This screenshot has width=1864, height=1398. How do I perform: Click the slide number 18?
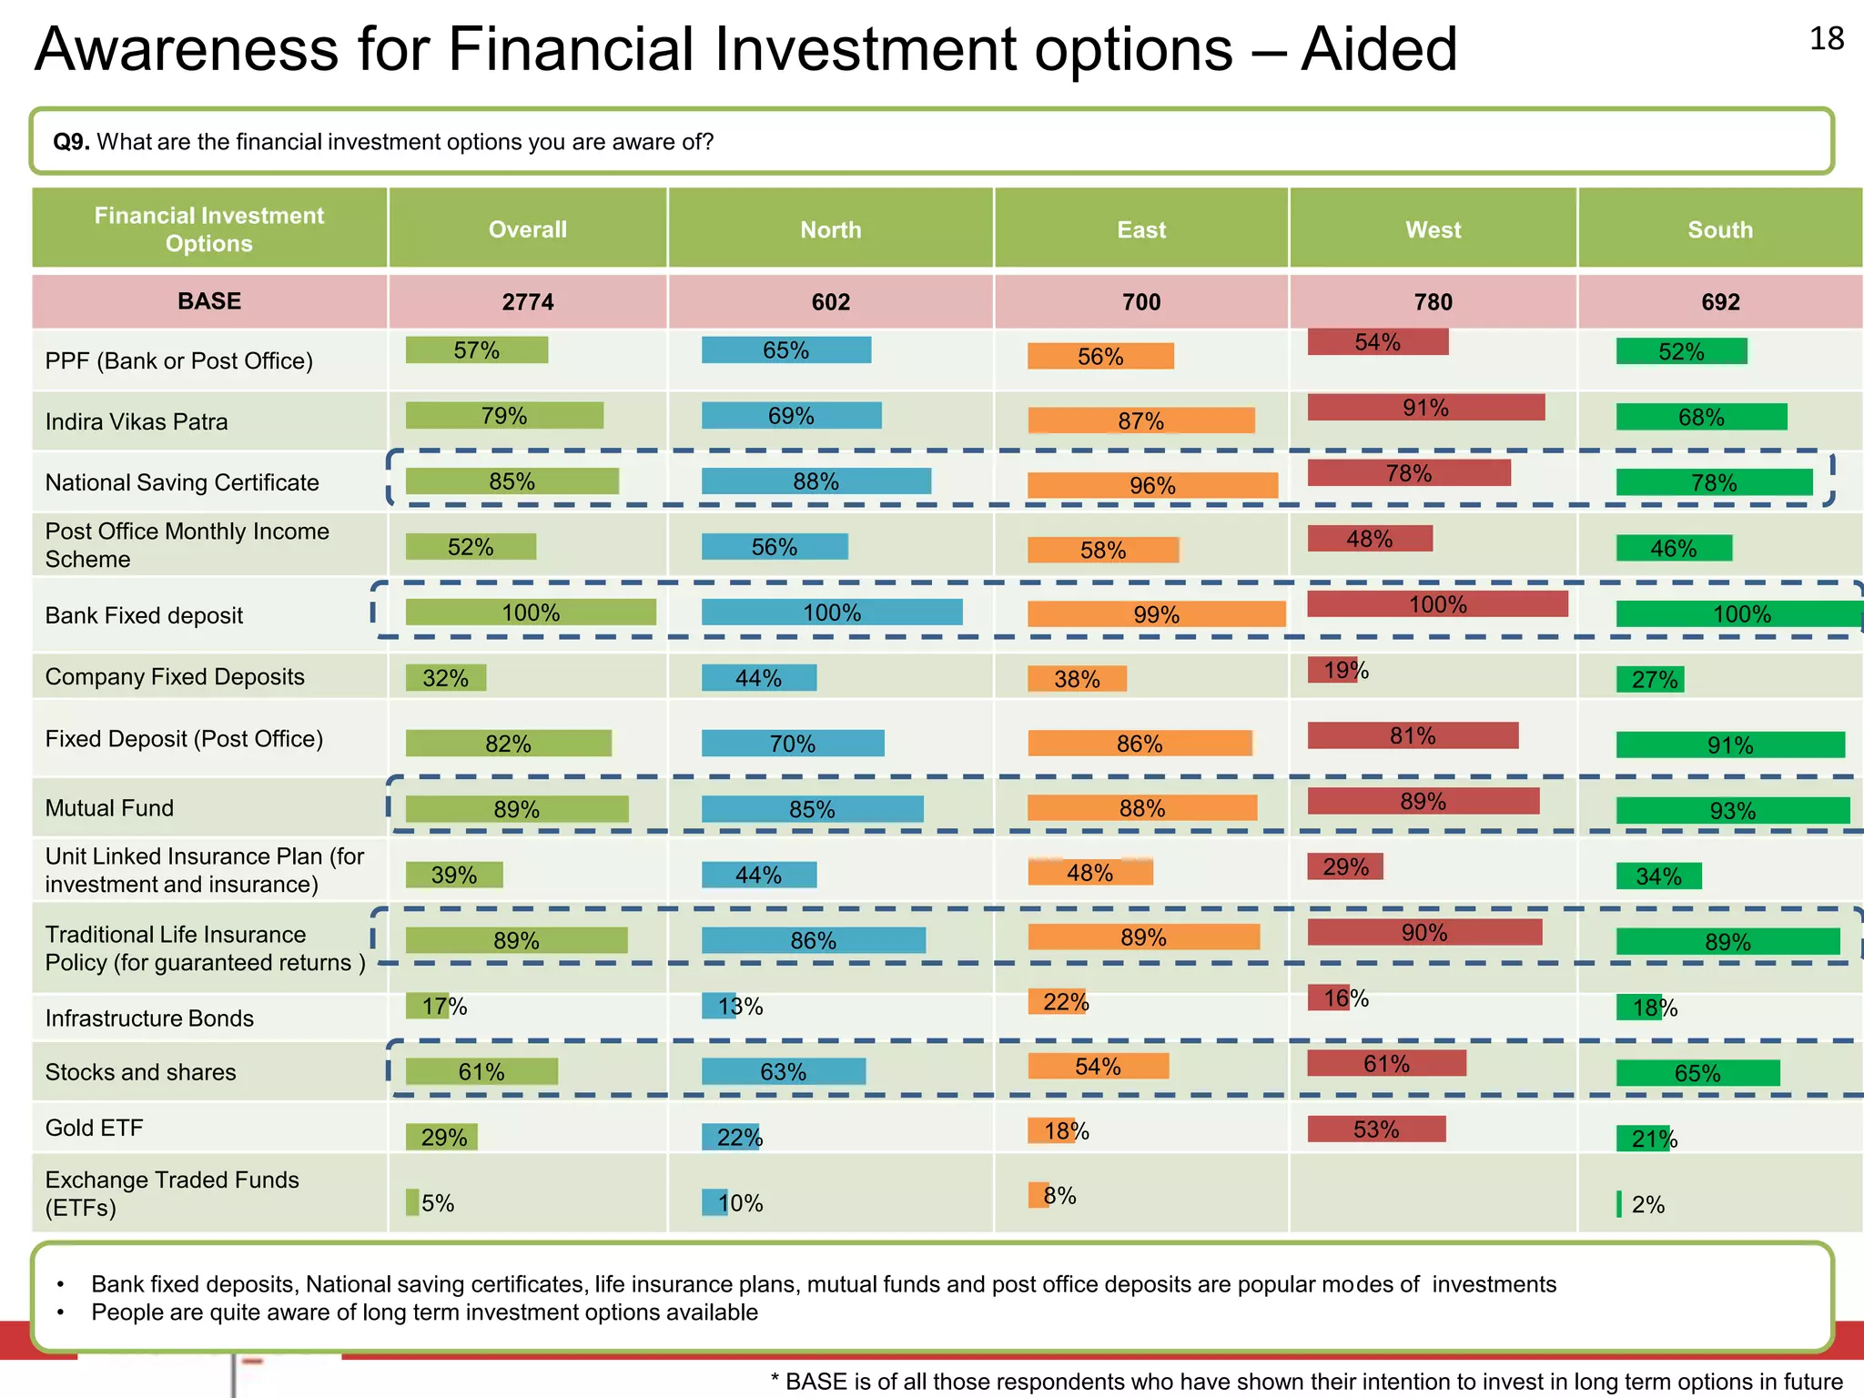pyautogui.click(x=1826, y=39)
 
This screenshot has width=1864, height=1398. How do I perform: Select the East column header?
pyautogui.click(x=1141, y=230)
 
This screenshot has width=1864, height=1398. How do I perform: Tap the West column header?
pyautogui.click(x=1433, y=230)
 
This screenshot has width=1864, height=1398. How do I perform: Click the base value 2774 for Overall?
pyautogui.click(x=528, y=302)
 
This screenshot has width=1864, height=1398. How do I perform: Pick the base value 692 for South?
pyautogui.click(x=1720, y=302)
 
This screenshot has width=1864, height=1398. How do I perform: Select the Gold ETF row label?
pyautogui.click(x=95, y=1129)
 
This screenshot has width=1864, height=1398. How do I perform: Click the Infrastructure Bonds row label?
pyautogui.click(x=149, y=1018)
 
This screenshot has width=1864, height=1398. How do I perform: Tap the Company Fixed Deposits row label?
pyautogui.click(x=175, y=677)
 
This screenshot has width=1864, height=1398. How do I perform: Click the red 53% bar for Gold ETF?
pyautogui.click(x=1376, y=1130)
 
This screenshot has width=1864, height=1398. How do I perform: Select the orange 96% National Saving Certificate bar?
pyautogui.click(x=1152, y=485)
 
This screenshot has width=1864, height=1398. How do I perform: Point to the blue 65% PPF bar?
pyautogui.click(x=785, y=350)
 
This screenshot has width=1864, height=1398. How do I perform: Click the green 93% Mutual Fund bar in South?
pyautogui.click(x=1732, y=810)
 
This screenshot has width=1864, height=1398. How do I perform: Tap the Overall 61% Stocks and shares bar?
pyautogui.click(x=481, y=1072)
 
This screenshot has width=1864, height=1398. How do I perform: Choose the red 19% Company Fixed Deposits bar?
pyautogui.click(x=1332, y=671)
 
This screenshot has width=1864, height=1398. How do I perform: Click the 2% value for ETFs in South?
pyautogui.click(x=1647, y=1205)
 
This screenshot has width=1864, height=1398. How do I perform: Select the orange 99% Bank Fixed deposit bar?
pyautogui.click(x=1156, y=614)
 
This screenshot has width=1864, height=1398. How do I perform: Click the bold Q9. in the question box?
pyautogui.click(x=71, y=142)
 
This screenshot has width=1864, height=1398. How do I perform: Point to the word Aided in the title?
pyautogui.click(x=1379, y=49)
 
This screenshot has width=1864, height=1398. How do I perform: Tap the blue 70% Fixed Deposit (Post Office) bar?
pyautogui.click(x=792, y=744)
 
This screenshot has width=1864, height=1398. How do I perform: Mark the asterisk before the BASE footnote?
pyautogui.click(x=775, y=1380)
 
